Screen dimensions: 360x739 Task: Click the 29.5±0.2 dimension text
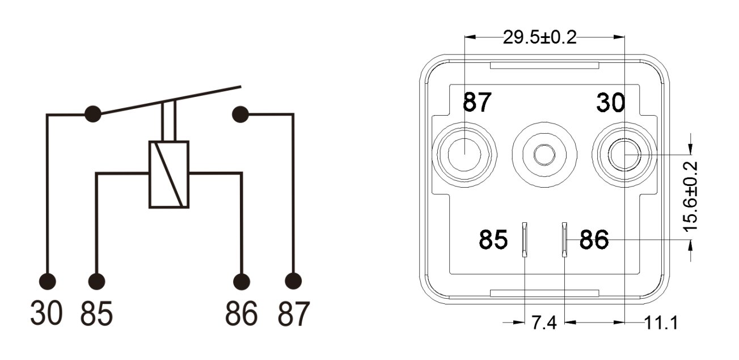(539, 38)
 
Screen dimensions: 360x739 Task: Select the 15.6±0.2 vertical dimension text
(691, 196)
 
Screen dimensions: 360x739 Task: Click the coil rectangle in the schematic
(168, 174)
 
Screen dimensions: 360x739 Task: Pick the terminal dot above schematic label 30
(48, 281)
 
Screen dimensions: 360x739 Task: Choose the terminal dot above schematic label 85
(97, 281)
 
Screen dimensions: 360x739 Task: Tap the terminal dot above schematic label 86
(242, 281)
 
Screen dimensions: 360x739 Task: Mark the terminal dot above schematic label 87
(293, 281)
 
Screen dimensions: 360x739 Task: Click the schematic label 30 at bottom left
(47, 314)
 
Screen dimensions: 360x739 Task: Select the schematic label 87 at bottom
(293, 314)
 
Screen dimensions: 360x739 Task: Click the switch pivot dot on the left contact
(92, 114)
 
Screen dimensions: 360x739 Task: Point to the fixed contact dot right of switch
(240, 114)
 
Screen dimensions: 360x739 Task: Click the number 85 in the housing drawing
(492, 240)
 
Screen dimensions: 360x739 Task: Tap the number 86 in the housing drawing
(594, 240)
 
